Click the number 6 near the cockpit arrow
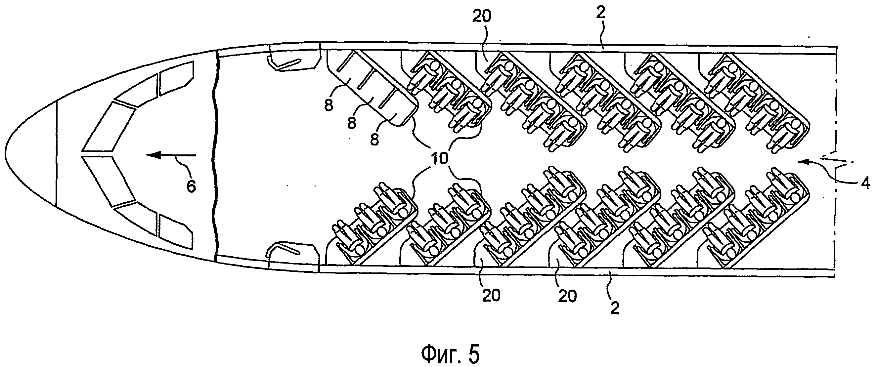click(192, 186)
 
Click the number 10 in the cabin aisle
click(440, 158)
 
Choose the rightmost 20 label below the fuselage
click(567, 296)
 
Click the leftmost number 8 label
click(329, 106)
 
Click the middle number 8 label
click(352, 122)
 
